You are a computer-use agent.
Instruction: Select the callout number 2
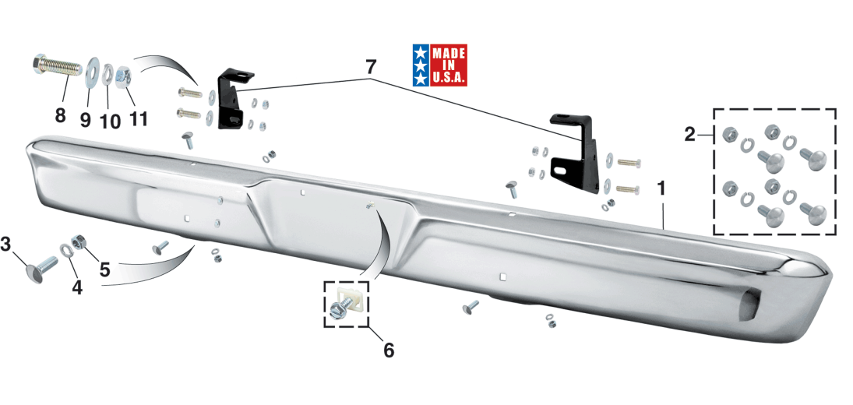point(689,134)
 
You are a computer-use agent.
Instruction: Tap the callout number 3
point(5,245)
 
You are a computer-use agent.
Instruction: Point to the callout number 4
point(77,287)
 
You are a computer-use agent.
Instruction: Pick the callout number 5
point(104,269)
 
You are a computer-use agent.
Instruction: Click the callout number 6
point(389,350)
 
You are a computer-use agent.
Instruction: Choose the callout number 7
point(370,68)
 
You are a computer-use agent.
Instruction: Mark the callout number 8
point(60,115)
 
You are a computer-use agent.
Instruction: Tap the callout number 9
point(86,120)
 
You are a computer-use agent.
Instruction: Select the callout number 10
point(110,121)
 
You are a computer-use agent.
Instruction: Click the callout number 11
point(138,118)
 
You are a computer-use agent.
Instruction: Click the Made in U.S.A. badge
point(439,65)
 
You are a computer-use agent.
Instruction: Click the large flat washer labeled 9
point(92,71)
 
